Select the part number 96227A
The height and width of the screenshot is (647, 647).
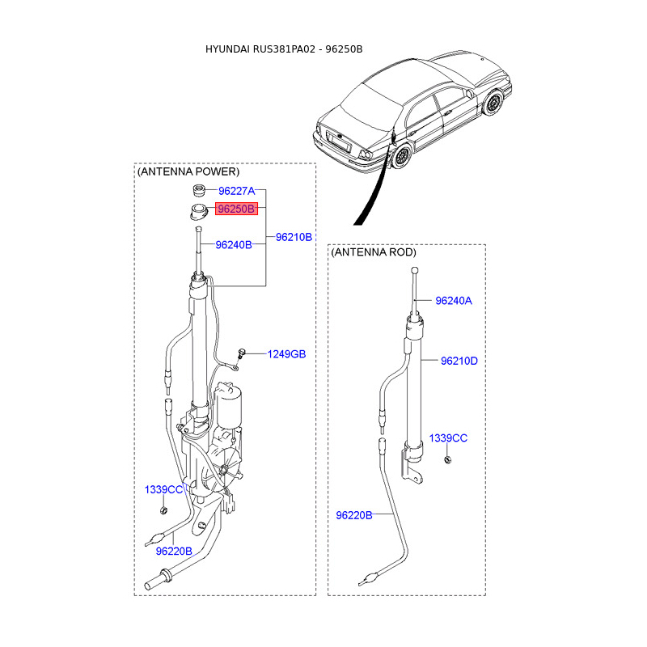236,191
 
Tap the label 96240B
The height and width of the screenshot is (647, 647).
233,244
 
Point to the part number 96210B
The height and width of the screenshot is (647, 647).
294,237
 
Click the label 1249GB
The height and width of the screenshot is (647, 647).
287,354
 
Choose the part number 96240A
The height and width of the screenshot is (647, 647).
453,301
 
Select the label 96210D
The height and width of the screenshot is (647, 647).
459,361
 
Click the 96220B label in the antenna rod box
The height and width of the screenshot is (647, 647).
353,515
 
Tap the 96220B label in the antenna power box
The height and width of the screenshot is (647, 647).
174,551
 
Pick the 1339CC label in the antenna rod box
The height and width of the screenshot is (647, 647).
448,438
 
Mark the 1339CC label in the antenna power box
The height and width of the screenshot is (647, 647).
163,489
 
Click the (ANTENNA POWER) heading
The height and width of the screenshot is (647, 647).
188,172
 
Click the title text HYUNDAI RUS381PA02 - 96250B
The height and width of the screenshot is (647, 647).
284,49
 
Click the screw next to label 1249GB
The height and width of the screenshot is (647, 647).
241,353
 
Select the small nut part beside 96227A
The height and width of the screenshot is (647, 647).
197,191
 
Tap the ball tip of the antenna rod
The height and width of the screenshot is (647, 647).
413,271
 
